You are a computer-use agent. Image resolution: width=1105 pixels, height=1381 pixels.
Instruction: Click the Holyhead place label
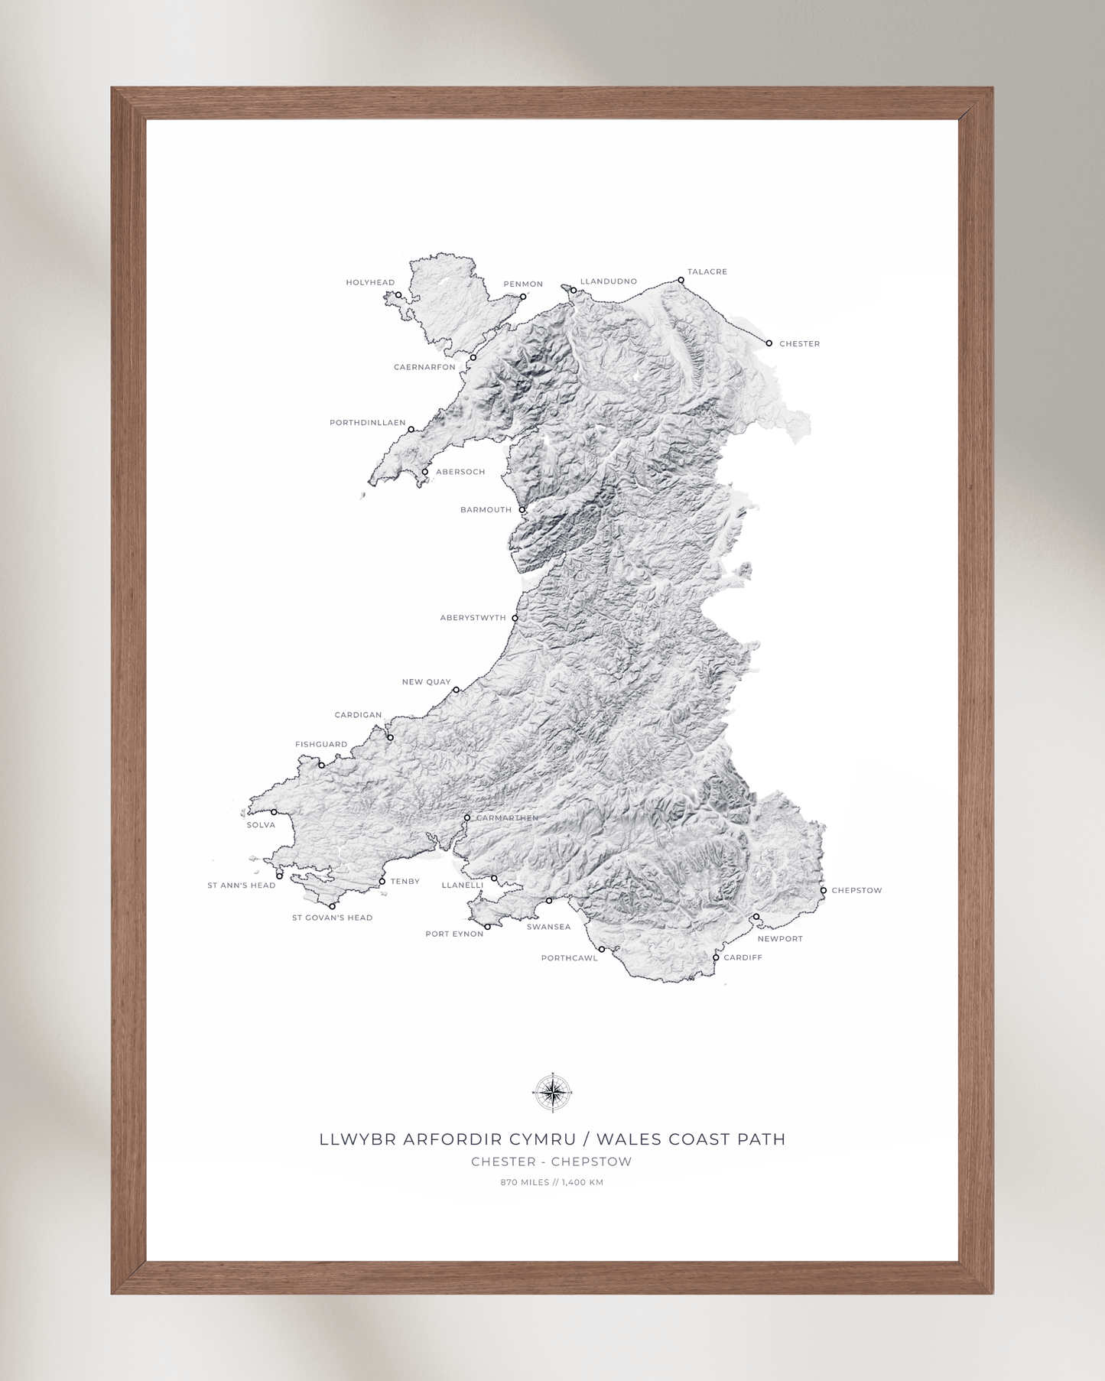370,282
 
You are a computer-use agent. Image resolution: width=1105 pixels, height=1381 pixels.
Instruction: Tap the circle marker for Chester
769,343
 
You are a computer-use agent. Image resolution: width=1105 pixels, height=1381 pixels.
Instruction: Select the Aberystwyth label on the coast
473,618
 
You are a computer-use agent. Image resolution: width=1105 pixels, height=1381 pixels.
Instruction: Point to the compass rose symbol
552,1092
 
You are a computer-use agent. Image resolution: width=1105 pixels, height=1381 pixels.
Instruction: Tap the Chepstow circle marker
824,890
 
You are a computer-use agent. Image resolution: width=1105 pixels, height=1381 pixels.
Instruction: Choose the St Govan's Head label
332,918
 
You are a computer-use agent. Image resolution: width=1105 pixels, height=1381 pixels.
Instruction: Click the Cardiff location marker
716,957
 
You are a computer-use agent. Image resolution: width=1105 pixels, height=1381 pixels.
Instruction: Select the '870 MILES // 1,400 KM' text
552,1182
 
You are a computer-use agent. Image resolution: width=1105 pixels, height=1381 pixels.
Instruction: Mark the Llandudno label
608,281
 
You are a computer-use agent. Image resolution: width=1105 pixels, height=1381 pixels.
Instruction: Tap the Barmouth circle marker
522,510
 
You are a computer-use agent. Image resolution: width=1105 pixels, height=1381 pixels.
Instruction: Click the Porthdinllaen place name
367,423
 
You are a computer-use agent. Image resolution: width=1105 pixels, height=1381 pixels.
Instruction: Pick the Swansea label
548,927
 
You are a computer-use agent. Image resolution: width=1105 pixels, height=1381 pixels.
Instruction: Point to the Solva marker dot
274,812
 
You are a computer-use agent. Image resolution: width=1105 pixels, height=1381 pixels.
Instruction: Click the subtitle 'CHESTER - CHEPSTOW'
551,1162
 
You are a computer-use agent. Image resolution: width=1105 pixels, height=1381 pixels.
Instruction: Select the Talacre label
707,271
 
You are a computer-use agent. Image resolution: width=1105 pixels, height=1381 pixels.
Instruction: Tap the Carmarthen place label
507,818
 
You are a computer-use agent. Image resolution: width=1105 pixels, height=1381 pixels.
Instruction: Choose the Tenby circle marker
382,882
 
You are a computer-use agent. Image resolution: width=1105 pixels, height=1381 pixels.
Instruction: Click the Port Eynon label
454,934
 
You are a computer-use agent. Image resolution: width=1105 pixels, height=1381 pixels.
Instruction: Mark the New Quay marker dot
457,690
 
